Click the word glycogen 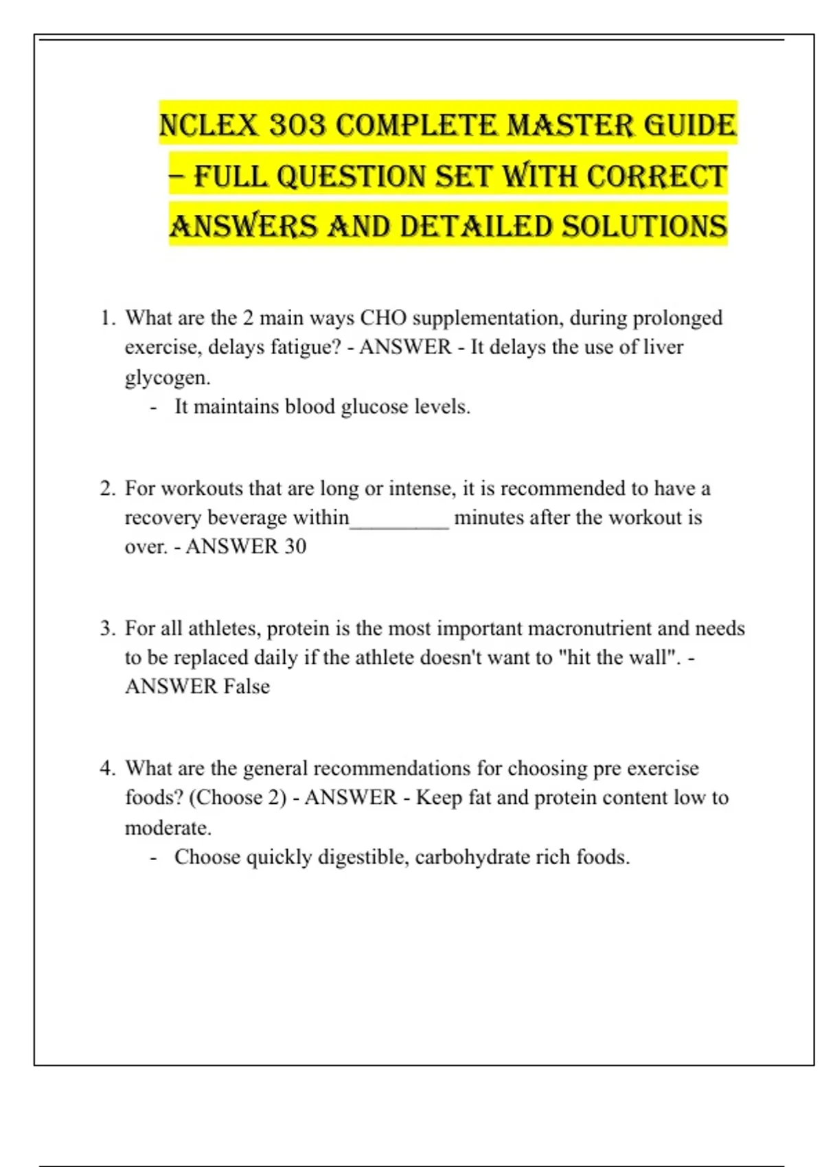pyautogui.click(x=167, y=378)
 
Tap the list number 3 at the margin pyautogui.click(x=106, y=628)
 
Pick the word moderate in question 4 pyautogui.click(x=167, y=827)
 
